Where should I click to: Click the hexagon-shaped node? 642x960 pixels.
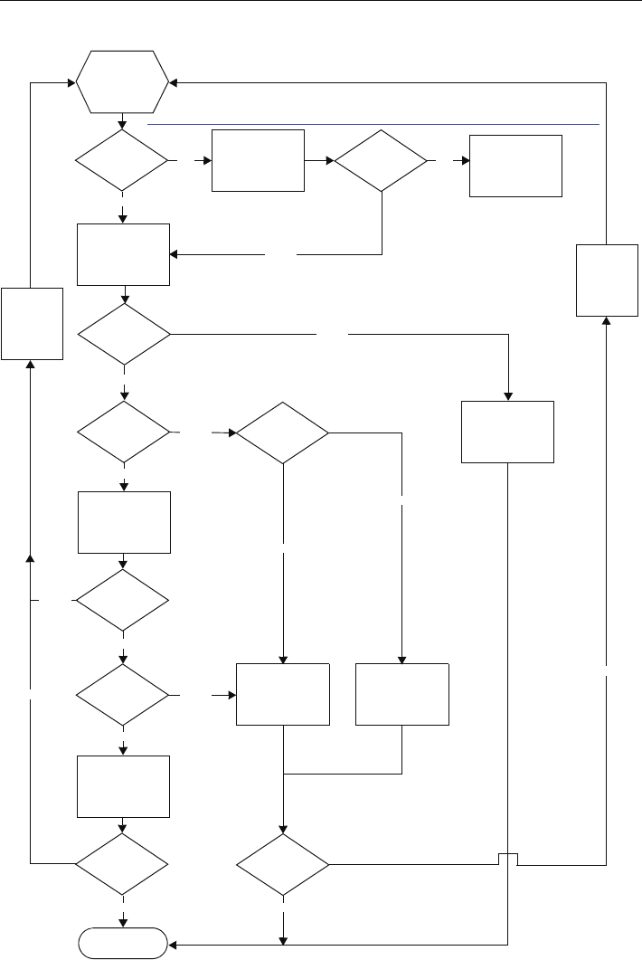[x=123, y=81]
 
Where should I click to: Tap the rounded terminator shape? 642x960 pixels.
[x=123, y=944]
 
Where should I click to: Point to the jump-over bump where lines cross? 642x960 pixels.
[x=507, y=859]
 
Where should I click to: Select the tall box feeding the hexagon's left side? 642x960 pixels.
[x=33, y=323]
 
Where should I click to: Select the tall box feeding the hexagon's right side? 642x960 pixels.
[x=607, y=280]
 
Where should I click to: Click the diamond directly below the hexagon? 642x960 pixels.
[x=123, y=160]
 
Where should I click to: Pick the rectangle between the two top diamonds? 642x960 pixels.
[x=258, y=160]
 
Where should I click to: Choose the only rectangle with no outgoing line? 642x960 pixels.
[x=516, y=166]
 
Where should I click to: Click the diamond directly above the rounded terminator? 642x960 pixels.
[x=123, y=864]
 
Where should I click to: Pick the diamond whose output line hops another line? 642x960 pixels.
[x=283, y=864]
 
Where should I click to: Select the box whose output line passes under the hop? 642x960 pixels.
[x=507, y=432]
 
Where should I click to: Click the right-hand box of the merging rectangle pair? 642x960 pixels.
[x=402, y=694]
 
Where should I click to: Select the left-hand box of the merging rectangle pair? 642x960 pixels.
[x=283, y=694]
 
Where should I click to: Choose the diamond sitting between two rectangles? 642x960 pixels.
[x=123, y=600]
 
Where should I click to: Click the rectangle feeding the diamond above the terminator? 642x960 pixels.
[x=123, y=787]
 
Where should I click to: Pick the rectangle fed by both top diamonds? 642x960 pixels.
[x=123, y=254]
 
